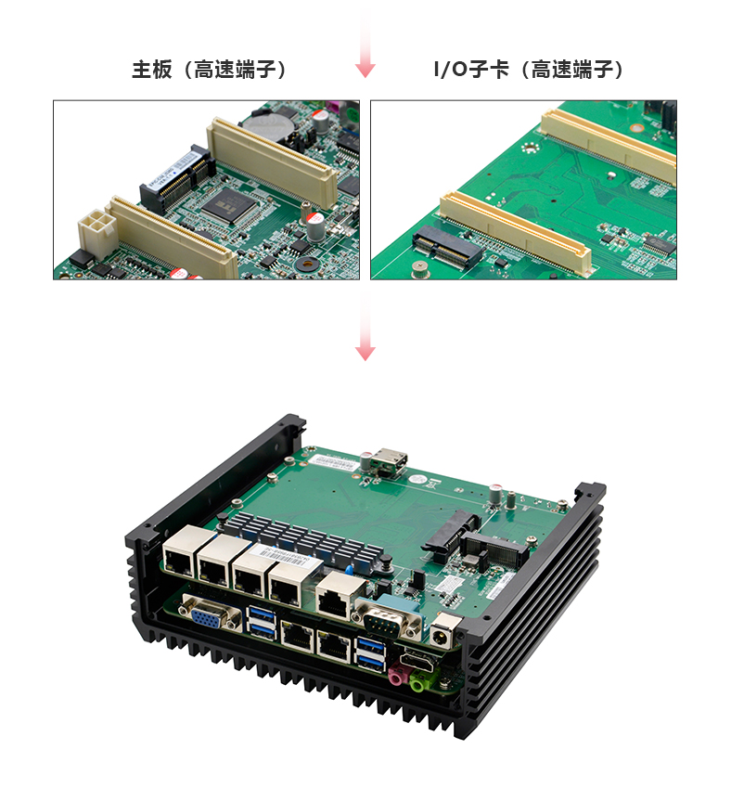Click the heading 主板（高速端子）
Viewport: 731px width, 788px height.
pyautogui.click(x=209, y=70)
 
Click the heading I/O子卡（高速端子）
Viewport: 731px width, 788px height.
pyautogui.click(x=529, y=70)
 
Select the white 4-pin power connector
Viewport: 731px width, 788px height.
pyautogui.click(x=96, y=233)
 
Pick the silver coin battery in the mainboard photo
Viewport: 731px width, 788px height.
pyautogui.click(x=272, y=123)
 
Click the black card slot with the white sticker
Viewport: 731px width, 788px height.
pyautogui.click(x=177, y=178)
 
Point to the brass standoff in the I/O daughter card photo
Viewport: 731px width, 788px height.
pyautogui.click(x=420, y=269)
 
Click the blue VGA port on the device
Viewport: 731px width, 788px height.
pyautogui.click(x=211, y=612)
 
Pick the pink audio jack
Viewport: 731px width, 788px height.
pyautogui.click(x=397, y=674)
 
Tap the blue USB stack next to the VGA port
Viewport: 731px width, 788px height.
pyautogui.click(x=262, y=622)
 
